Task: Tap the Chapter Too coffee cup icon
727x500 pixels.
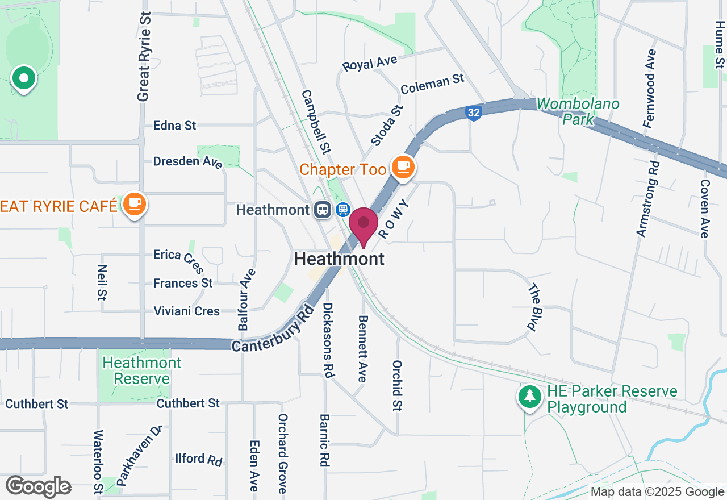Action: point(403,167)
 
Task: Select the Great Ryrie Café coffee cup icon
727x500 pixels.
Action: point(135,203)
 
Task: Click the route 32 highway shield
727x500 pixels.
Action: point(473,113)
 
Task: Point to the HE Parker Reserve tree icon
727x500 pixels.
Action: point(530,396)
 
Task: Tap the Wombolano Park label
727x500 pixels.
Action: point(578,111)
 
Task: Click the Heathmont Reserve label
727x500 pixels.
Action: point(142,370)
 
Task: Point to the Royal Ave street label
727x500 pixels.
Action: point(370,63)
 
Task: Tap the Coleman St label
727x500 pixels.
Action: point(432,85)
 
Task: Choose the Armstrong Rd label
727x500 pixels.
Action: point(648,199)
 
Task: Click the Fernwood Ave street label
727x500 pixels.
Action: point(650,88)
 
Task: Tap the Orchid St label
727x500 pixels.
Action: point(398,385)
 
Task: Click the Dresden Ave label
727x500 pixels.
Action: point(188,161)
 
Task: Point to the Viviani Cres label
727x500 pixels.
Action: point(187,311)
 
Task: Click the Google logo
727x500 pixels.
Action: point(38,486)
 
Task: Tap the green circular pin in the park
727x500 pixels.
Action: point(24,78)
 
